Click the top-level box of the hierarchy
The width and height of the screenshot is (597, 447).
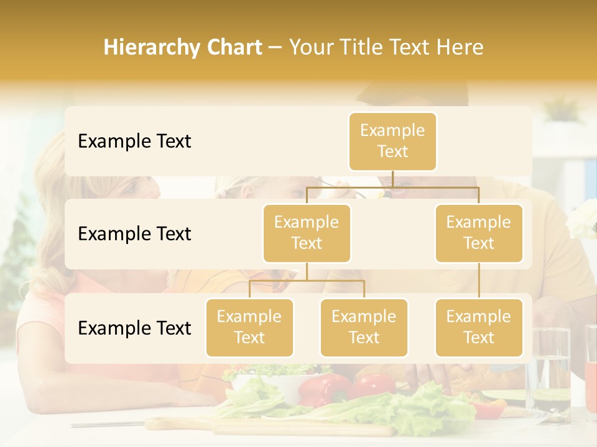392,141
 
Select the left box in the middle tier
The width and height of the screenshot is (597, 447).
307,233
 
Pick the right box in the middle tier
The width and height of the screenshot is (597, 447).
479,233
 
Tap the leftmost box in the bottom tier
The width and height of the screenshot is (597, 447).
249,327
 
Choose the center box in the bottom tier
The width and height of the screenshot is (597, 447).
364,327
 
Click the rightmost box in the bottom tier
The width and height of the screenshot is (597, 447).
479,327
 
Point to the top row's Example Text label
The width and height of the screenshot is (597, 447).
134,141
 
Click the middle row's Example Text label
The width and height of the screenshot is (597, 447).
134,233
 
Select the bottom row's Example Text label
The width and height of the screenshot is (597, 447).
134,328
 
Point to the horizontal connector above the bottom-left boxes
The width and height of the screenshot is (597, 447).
307,281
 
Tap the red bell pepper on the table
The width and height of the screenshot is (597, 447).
323,388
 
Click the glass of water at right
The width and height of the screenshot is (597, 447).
550,372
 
